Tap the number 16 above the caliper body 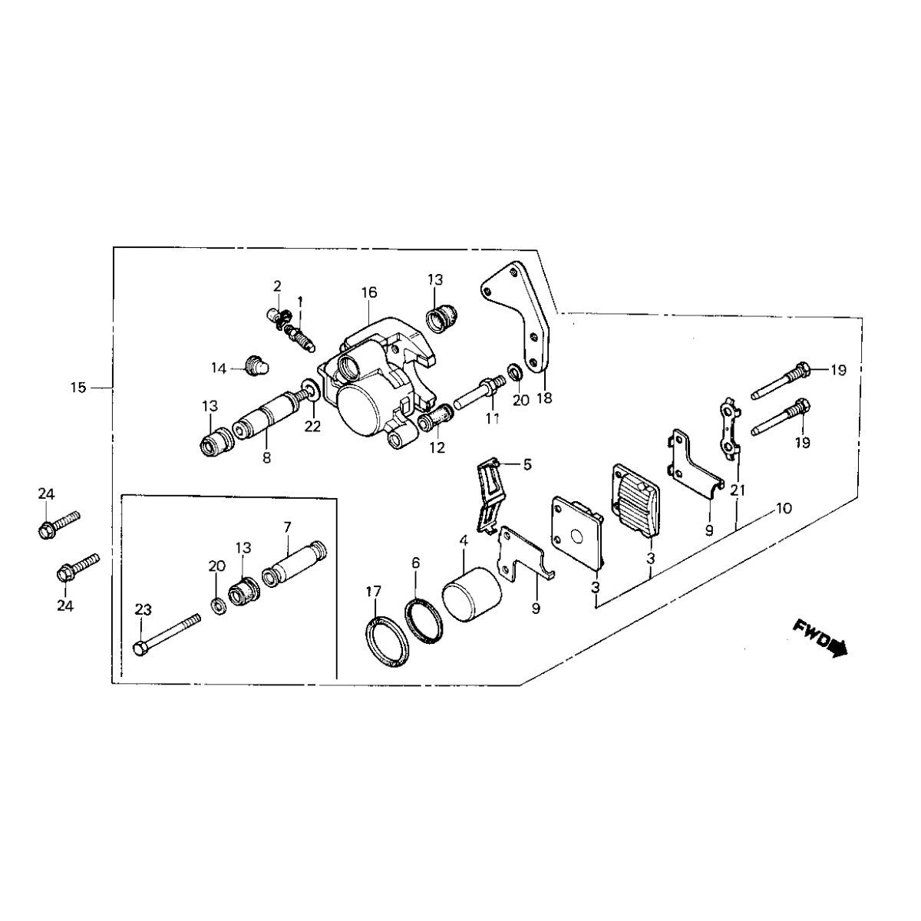click(369, 292)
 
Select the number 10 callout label click(784, 508)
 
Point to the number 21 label click(738, 489)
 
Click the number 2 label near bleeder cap click(277, 286)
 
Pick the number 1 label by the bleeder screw click(301, 300)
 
